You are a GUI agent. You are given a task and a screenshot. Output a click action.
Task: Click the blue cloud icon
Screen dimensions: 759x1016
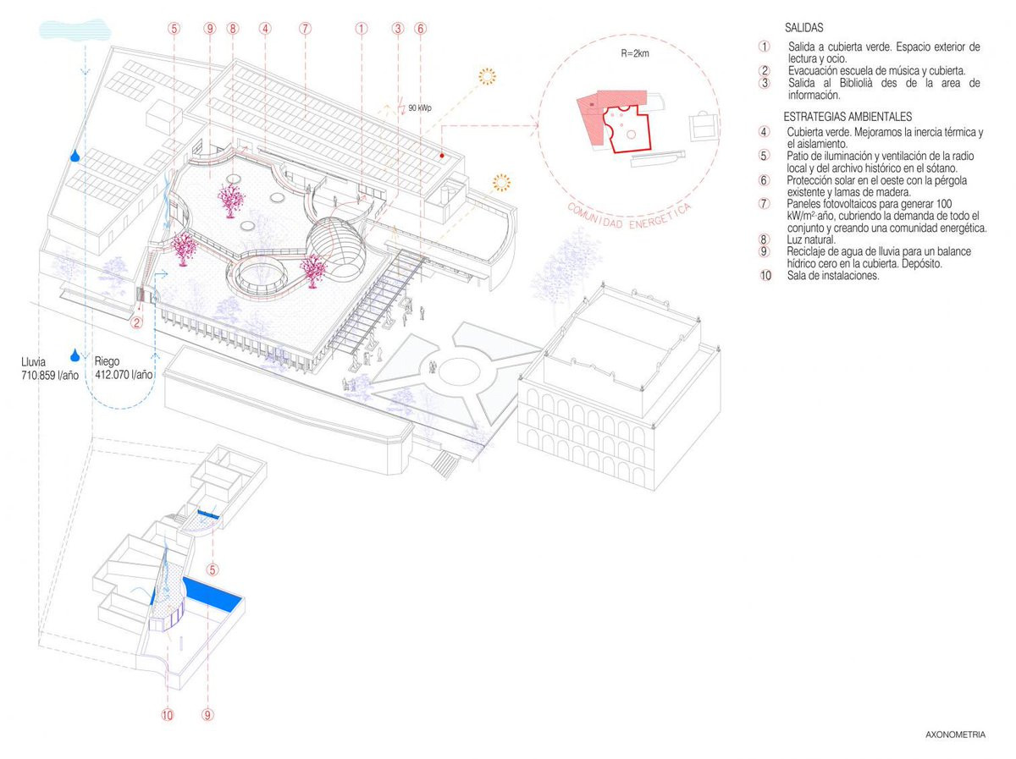click(x=75, y=30)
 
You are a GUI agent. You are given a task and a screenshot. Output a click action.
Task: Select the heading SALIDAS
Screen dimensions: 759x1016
click(x=803, y=28)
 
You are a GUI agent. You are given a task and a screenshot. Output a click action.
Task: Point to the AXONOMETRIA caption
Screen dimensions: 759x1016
click(x=955, y=735)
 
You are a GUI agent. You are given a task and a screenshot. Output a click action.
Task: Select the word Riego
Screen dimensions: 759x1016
click(x=108, y=360)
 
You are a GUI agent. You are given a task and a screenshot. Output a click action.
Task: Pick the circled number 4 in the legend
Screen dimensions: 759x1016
click(x=765, y=132)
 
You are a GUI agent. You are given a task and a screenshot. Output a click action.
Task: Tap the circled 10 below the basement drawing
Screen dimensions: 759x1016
click(x=167, y=715)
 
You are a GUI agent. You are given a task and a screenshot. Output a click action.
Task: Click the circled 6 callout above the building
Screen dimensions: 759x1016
click(x=421, y=28)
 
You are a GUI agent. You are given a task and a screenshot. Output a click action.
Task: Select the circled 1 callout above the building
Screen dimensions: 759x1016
click(x=361, y=28)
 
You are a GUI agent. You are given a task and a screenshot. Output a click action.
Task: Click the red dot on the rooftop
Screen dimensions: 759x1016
click(x=442, y=156)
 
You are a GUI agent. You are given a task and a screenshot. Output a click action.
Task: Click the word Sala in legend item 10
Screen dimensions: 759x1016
click(x=796, y=275)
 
